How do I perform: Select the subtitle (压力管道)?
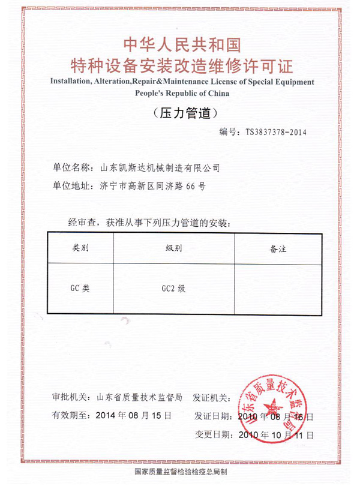[x=180, y=113]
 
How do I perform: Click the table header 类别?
[x=80, y=247]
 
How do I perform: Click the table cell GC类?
[x=80, y=288]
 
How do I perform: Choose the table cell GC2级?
[x=174, y=288]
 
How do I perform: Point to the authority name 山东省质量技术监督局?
[x=140, y=397]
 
